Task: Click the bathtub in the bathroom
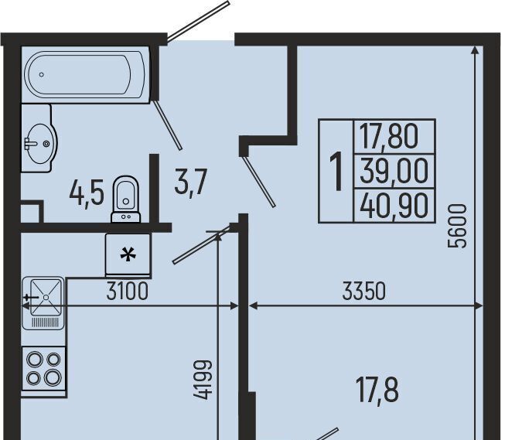click(x=85, y=75)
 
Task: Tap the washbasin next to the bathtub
click(x=39, y=138)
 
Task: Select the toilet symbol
click(x=126, y=199)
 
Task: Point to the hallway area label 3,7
click(x=190, y=182)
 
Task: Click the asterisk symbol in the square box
click(x=128, y=256)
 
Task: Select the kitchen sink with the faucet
click(x=43, y=303)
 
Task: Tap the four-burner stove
click(x=44, y=369)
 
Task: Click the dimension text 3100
click(x=127, y=291)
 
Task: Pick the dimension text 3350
click(x=363, y=291)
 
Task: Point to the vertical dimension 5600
click(x=457, y=226)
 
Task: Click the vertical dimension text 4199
click(x=203, y=380)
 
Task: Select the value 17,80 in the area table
click(x=388, y=137)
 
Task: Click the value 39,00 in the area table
click(x=394, y=172)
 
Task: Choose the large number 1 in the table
click(x=336, y=172)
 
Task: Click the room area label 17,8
click(x=377, y=391)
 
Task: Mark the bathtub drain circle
click(x=42, y=75)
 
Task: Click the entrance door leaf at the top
click(x=198, y=21)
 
